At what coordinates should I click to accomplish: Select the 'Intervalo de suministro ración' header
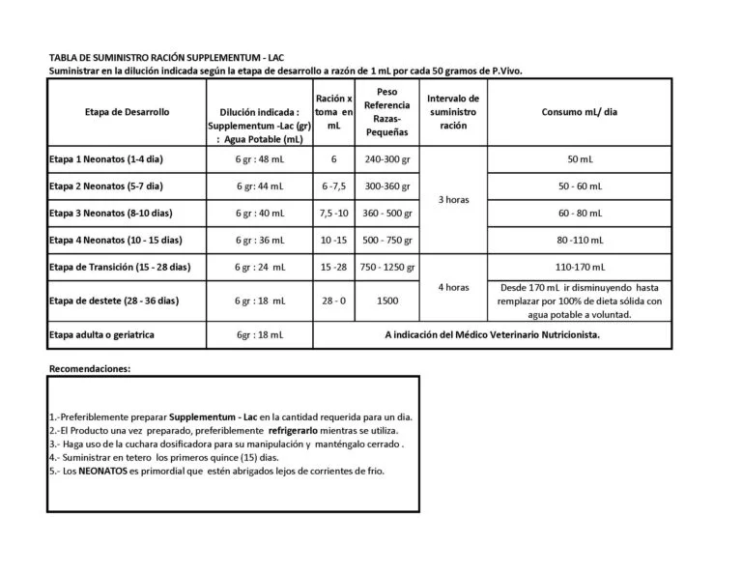coord(453,112)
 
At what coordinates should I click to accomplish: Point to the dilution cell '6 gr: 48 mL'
coord(260,158)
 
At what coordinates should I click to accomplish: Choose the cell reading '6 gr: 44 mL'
coord(260,186)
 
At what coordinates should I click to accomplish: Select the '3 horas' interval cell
coord(453,199)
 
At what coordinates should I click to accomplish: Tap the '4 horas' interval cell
coord(453,287)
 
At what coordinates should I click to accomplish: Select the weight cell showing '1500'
coord(386,301)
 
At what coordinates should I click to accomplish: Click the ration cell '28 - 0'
coord(333,301)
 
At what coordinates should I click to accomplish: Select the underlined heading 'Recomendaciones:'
coord(89,368)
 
